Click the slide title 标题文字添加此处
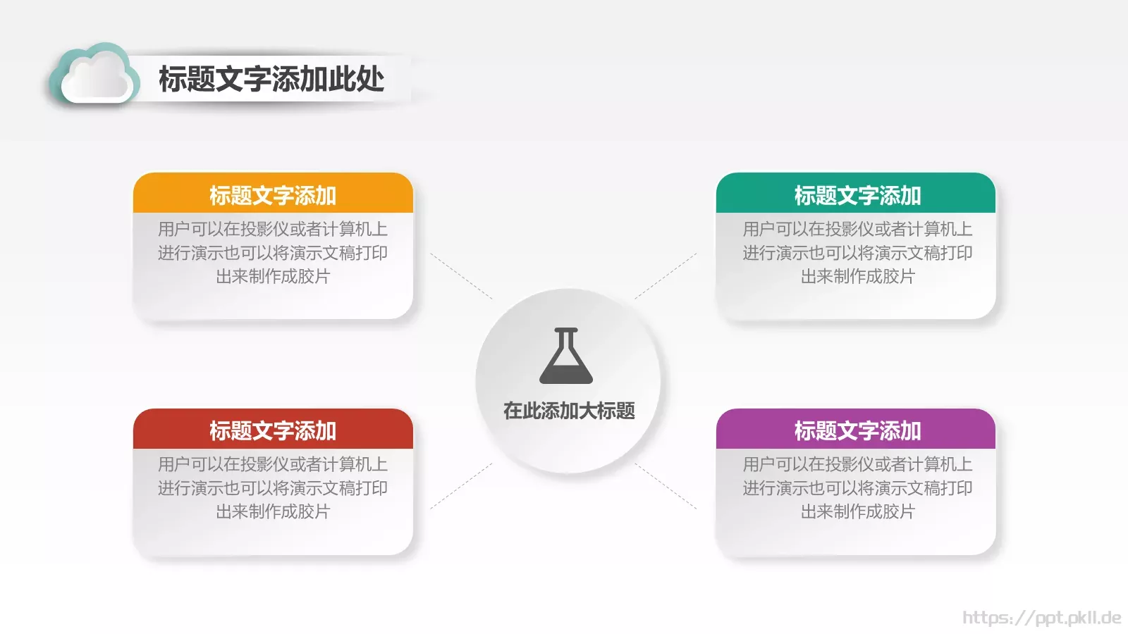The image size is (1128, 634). click(271, 79)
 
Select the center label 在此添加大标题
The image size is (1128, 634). click(569, 411)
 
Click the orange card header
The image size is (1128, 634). click(273, 194)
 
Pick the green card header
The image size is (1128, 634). click(857, 194)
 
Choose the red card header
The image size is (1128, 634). click(273, 430)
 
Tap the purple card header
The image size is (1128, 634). click(857, 430)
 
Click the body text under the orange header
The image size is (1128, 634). click(273, 252)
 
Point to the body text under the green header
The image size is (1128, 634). click(857, 252)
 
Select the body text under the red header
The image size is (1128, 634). click(273, 487)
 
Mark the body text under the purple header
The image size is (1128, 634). click(857, 487)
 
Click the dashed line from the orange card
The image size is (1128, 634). click(462, 276)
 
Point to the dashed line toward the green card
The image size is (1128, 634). click(666, 276)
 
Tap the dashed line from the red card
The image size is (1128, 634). click(462, 485)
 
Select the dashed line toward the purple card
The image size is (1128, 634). click(666, 485)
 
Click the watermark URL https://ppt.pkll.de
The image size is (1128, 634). click(1041, 618)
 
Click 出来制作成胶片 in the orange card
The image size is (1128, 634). click(273, 276)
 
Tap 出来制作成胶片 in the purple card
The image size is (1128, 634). click(857, 511)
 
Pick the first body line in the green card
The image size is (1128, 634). click(857, 229)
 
